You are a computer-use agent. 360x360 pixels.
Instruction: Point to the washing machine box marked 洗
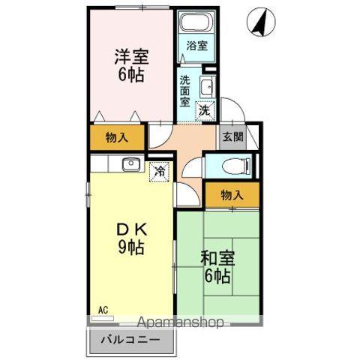tap(205, 109)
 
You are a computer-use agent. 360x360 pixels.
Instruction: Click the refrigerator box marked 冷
tap(159, 171)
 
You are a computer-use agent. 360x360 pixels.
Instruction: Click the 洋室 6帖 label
tap(130, 64)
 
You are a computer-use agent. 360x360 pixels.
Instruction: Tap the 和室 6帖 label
tap(217, 267)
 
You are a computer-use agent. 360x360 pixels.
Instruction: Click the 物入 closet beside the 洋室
tap(116, 137)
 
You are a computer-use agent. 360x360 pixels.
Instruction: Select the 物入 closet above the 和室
tap(232, 195)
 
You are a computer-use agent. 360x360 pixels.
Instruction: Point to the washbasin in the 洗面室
tap(208, 89)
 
